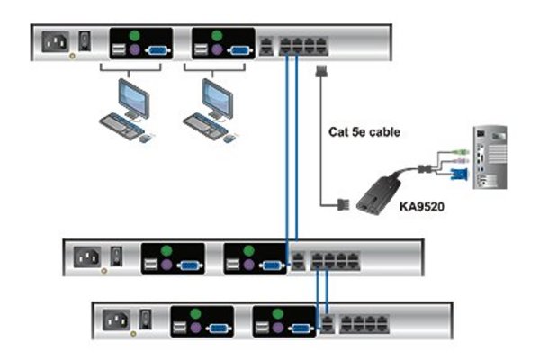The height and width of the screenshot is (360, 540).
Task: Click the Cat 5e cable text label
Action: (364, 132)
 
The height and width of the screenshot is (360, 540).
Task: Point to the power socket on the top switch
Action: (56, 42)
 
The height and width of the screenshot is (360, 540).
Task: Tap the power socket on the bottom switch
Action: (119, 319)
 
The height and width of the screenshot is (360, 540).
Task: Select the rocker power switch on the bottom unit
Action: (146, 318)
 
